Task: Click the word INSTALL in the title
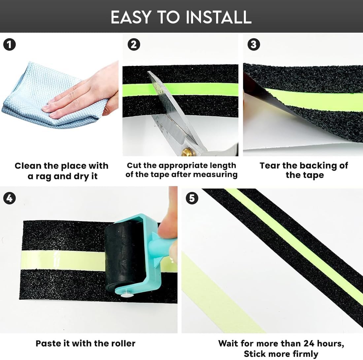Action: (x=218, y=17)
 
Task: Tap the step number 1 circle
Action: (x=10, y=45)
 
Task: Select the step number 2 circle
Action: (x=134, y=45)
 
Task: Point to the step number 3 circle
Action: (x=254, y=44)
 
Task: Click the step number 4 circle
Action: (x=10, y=198)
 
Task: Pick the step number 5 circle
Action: (x=192, y=198)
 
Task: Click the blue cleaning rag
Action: (x=46, y=97)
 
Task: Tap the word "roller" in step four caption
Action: (x=123, y=343)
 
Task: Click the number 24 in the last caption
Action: (x=309, y=343)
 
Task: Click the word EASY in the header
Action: (x=131, y=17)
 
